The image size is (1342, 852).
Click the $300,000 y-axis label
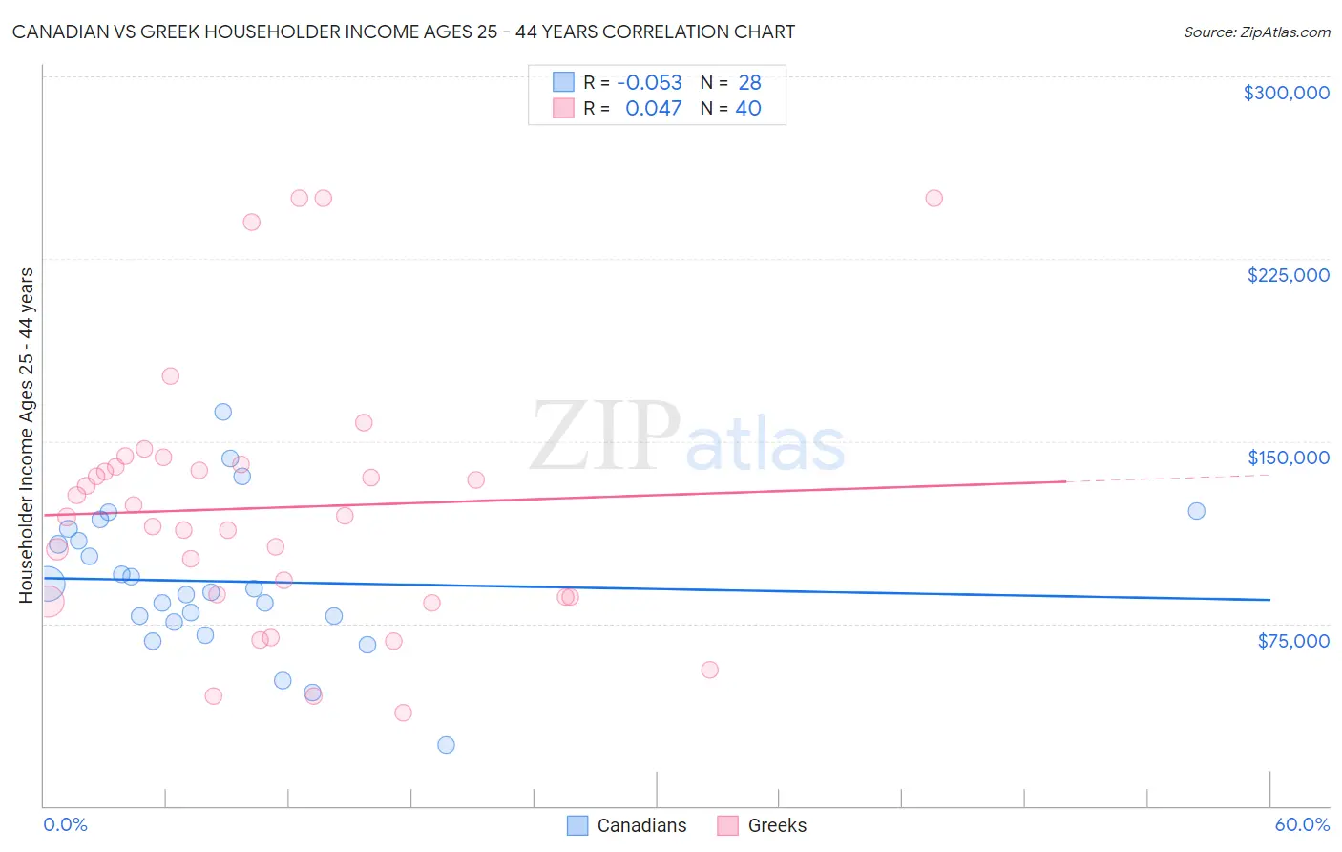(1286, 93)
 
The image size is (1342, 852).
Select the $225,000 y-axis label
(1288, 275)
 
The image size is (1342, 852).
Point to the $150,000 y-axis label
(1288, 458)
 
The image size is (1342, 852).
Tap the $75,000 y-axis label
(1292, 641)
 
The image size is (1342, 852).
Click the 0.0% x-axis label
(65, 824)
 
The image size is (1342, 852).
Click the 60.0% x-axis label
(1302, 824)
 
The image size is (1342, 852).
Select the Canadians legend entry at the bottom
(627, 825)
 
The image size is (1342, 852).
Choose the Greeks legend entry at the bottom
(762, 825)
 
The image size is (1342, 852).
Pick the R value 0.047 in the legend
(653, 109)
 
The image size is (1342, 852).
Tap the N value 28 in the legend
(749, 83)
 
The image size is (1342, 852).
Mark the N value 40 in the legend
(748, 109)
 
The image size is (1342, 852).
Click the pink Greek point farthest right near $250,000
(933, 199)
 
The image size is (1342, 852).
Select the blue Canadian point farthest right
(1196, 511)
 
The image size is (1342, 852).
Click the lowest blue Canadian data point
(446, 745)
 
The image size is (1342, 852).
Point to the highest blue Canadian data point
(222, 412)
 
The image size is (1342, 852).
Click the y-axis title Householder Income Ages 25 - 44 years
(27, 436)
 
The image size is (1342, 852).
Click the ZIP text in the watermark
(604, 437)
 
